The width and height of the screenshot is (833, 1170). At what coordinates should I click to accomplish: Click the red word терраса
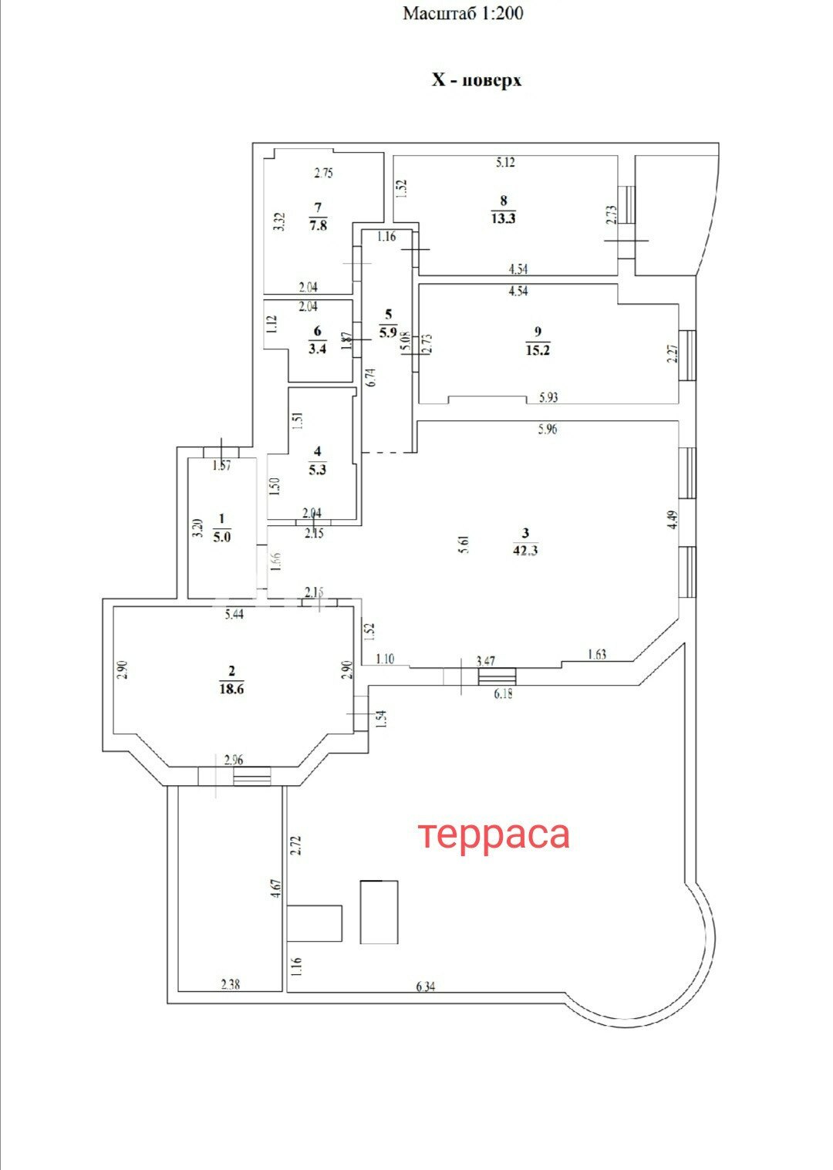click(x=494, y=836)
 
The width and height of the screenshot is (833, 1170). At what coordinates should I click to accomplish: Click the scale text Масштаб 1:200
click(x=463, y=14)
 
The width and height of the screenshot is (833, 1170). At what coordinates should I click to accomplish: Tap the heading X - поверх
click(x=477, y=80)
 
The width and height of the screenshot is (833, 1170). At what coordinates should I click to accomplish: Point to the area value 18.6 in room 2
click(x=231, y=689)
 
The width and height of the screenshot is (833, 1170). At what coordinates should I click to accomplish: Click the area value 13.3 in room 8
click(x=503, y=218)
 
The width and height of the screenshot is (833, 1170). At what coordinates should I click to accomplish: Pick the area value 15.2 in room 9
click(x=538, y=350)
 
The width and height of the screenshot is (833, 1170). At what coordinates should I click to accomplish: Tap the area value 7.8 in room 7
click(x=318, y=225)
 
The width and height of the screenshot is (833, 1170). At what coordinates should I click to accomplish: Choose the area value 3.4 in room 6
click(x=317, y=349)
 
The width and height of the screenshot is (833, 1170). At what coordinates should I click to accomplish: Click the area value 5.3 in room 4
click(x=317, y=470)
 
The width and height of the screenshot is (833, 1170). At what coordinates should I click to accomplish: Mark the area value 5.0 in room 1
click(x=221, y=537)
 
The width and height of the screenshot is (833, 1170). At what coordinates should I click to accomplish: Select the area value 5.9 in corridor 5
click(x=388, y=332)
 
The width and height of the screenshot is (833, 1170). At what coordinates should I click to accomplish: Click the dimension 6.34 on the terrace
click(x=426, y=986)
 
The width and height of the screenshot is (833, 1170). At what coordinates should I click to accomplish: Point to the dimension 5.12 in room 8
click(x=505, y=163)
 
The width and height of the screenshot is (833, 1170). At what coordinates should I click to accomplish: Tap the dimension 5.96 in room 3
click(x=548, y=430)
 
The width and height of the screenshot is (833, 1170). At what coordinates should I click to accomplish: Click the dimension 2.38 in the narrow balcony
click(x=231, y=985)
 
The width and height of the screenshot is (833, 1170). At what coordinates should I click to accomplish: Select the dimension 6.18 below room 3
click(x=503, y=693)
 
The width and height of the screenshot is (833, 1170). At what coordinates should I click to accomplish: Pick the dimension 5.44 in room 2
click(x=234, y=614)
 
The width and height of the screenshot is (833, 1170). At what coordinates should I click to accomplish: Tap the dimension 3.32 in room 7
click(x=280, y=221)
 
